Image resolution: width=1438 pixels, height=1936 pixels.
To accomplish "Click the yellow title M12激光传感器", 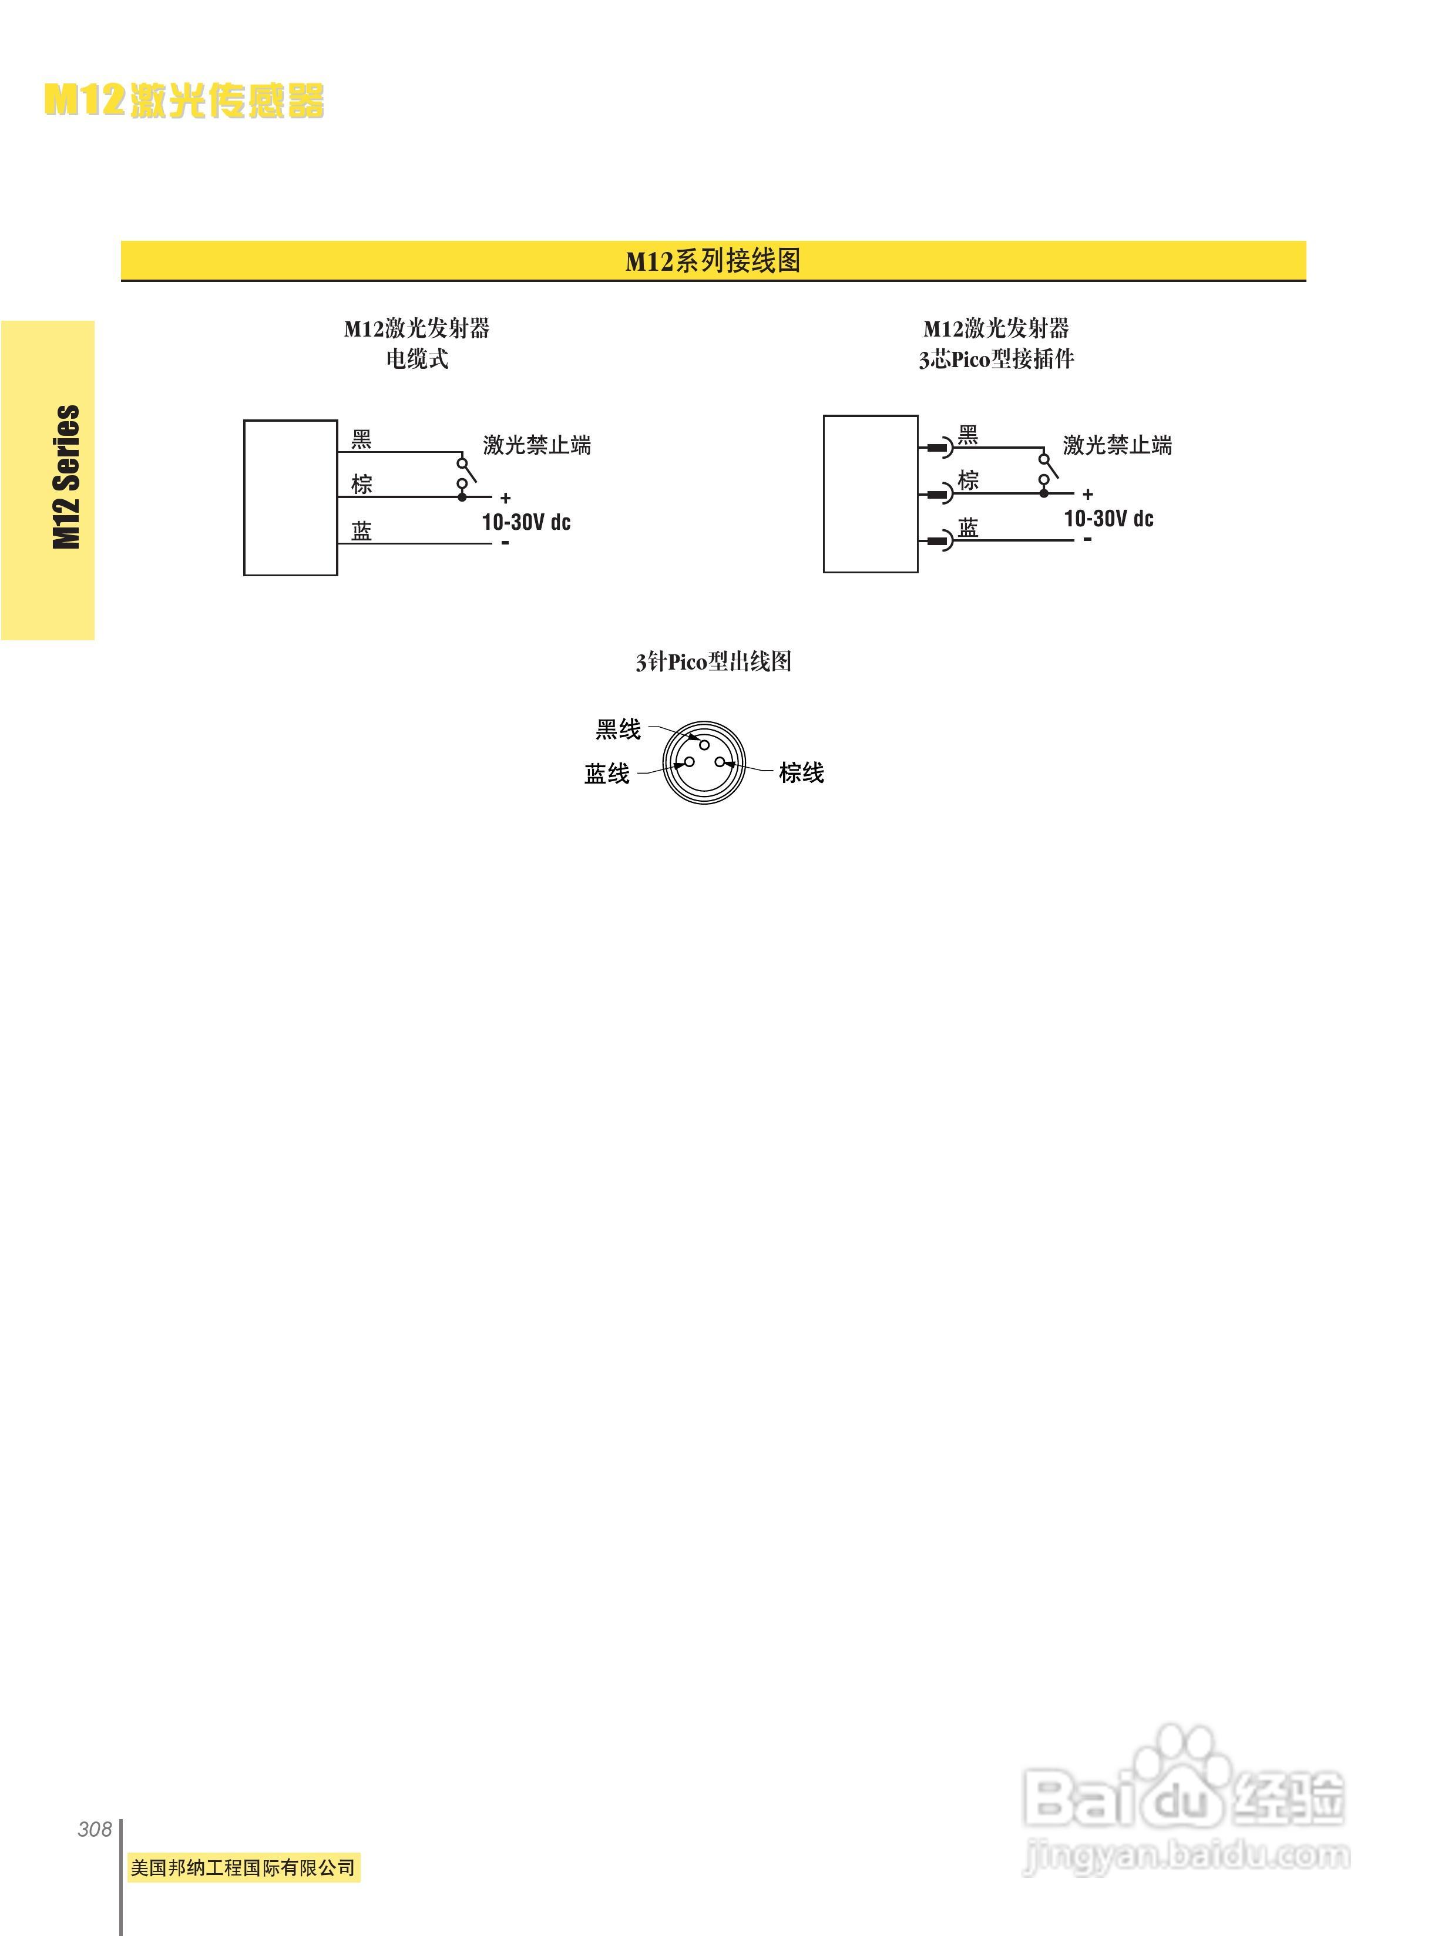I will click(184, 101).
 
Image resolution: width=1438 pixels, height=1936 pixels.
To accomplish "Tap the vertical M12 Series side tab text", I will click(67, 477).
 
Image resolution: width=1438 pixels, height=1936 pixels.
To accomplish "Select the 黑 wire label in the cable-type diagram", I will click(361, 439).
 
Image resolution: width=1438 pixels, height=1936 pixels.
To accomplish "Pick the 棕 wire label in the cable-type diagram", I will click(361, 484).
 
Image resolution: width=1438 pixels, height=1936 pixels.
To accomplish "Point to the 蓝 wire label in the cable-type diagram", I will click(361, 531).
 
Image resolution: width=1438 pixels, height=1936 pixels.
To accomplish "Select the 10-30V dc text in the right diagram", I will click(1108, 519).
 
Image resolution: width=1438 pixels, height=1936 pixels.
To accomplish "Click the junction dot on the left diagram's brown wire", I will click(462, 497).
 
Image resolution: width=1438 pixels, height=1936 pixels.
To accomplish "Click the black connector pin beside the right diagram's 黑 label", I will click(936, 448).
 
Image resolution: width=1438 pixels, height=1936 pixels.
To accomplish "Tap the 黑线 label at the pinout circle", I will click(618, 730).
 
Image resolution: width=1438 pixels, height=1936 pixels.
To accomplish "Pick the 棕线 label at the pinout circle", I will click(801, 773).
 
